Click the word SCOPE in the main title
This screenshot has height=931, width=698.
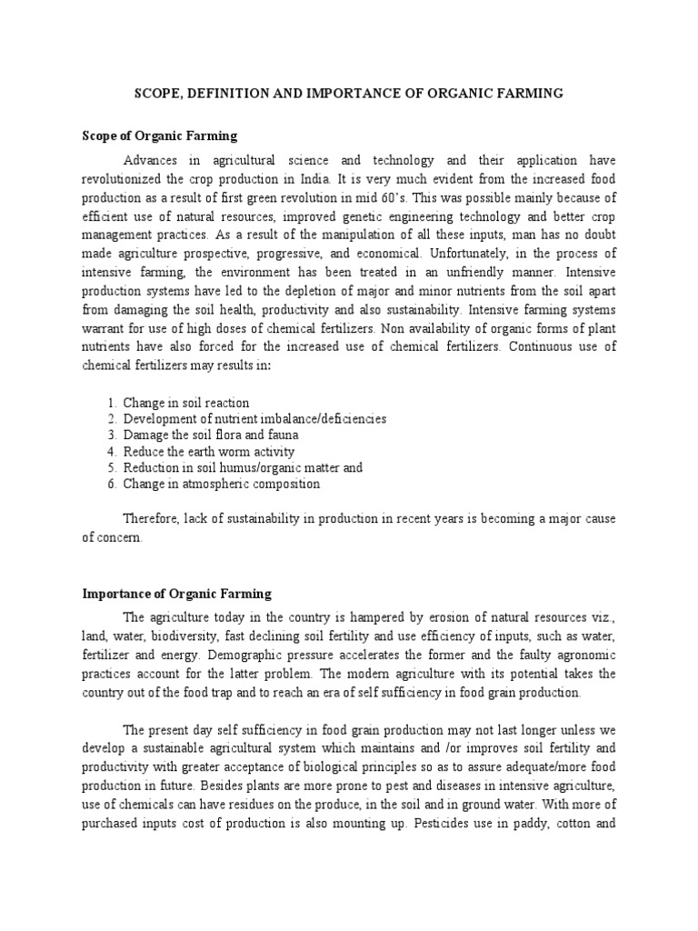pos(156,94)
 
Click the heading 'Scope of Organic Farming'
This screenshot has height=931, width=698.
pos(159,135)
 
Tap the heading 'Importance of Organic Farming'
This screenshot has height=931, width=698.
pos(176,594)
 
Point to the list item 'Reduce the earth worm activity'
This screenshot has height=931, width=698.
pos(209,452)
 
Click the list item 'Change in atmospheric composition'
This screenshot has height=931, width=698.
pos(222,485)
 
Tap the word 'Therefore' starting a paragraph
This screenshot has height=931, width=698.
pos(150,518)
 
